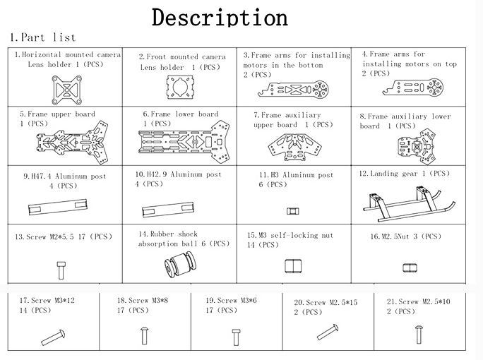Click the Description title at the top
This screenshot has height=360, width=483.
(x=220, y=18)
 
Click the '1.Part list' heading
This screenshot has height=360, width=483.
(x=43, y=37)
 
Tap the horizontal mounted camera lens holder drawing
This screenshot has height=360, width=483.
(x=67, y=90)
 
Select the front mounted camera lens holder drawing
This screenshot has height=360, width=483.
(x=181, y=87)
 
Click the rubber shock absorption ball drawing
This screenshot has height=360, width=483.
(x=180, y=264)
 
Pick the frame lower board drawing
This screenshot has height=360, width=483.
(x=184, y=142)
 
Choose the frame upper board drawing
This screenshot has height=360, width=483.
(x=73, y=143)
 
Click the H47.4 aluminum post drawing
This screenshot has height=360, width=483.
(x=58, y=207)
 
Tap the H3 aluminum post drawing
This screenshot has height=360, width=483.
(x=292, y=211)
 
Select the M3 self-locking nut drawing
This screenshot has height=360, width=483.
(x=293, y=266)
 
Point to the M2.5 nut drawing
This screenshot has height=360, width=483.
(x=410, y=268)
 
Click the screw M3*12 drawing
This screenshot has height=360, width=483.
(x=53, y=337)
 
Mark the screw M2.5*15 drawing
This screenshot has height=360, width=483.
(x=328, y=332)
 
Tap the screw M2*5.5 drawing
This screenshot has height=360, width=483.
(x=61, y=270)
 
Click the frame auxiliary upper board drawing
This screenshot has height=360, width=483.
(x=294, y=147)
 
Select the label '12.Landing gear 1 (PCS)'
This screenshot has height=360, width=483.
(x=404, y=174)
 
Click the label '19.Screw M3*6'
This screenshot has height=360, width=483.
(x=231, y=300)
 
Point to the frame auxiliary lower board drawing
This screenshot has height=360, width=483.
(x=417, y=147)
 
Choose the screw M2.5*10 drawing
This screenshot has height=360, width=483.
(x=419, y=335)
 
